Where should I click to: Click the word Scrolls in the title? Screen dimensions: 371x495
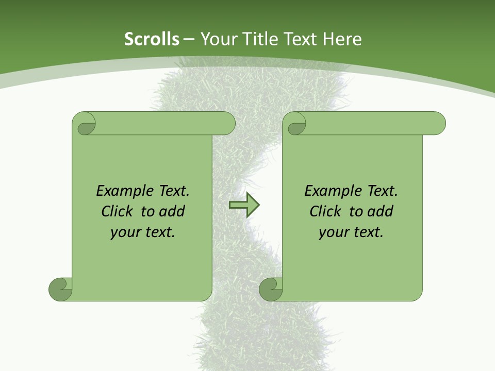click(152, 39)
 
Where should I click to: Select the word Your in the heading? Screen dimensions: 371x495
click(216, 39)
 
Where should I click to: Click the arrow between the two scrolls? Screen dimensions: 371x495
click(244, 205)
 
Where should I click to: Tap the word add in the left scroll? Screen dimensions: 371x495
click(172, 211)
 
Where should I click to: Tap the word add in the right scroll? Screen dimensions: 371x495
click(381, 211)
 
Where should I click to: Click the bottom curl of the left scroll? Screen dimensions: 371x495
click(60, 289)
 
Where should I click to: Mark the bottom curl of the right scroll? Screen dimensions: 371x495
click(271, 289)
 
